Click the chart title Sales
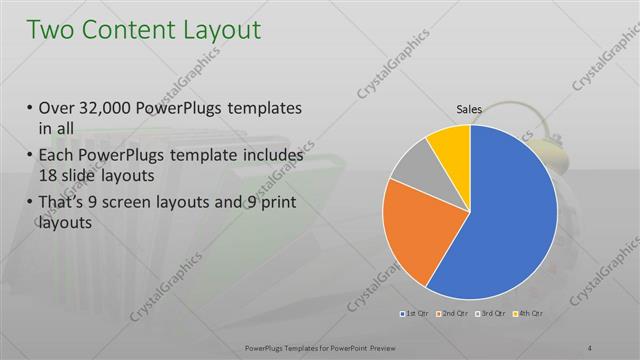(470, 110)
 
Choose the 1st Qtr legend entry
(418, 315)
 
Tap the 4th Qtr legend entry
(529, 315)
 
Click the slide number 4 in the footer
(590, 347)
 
